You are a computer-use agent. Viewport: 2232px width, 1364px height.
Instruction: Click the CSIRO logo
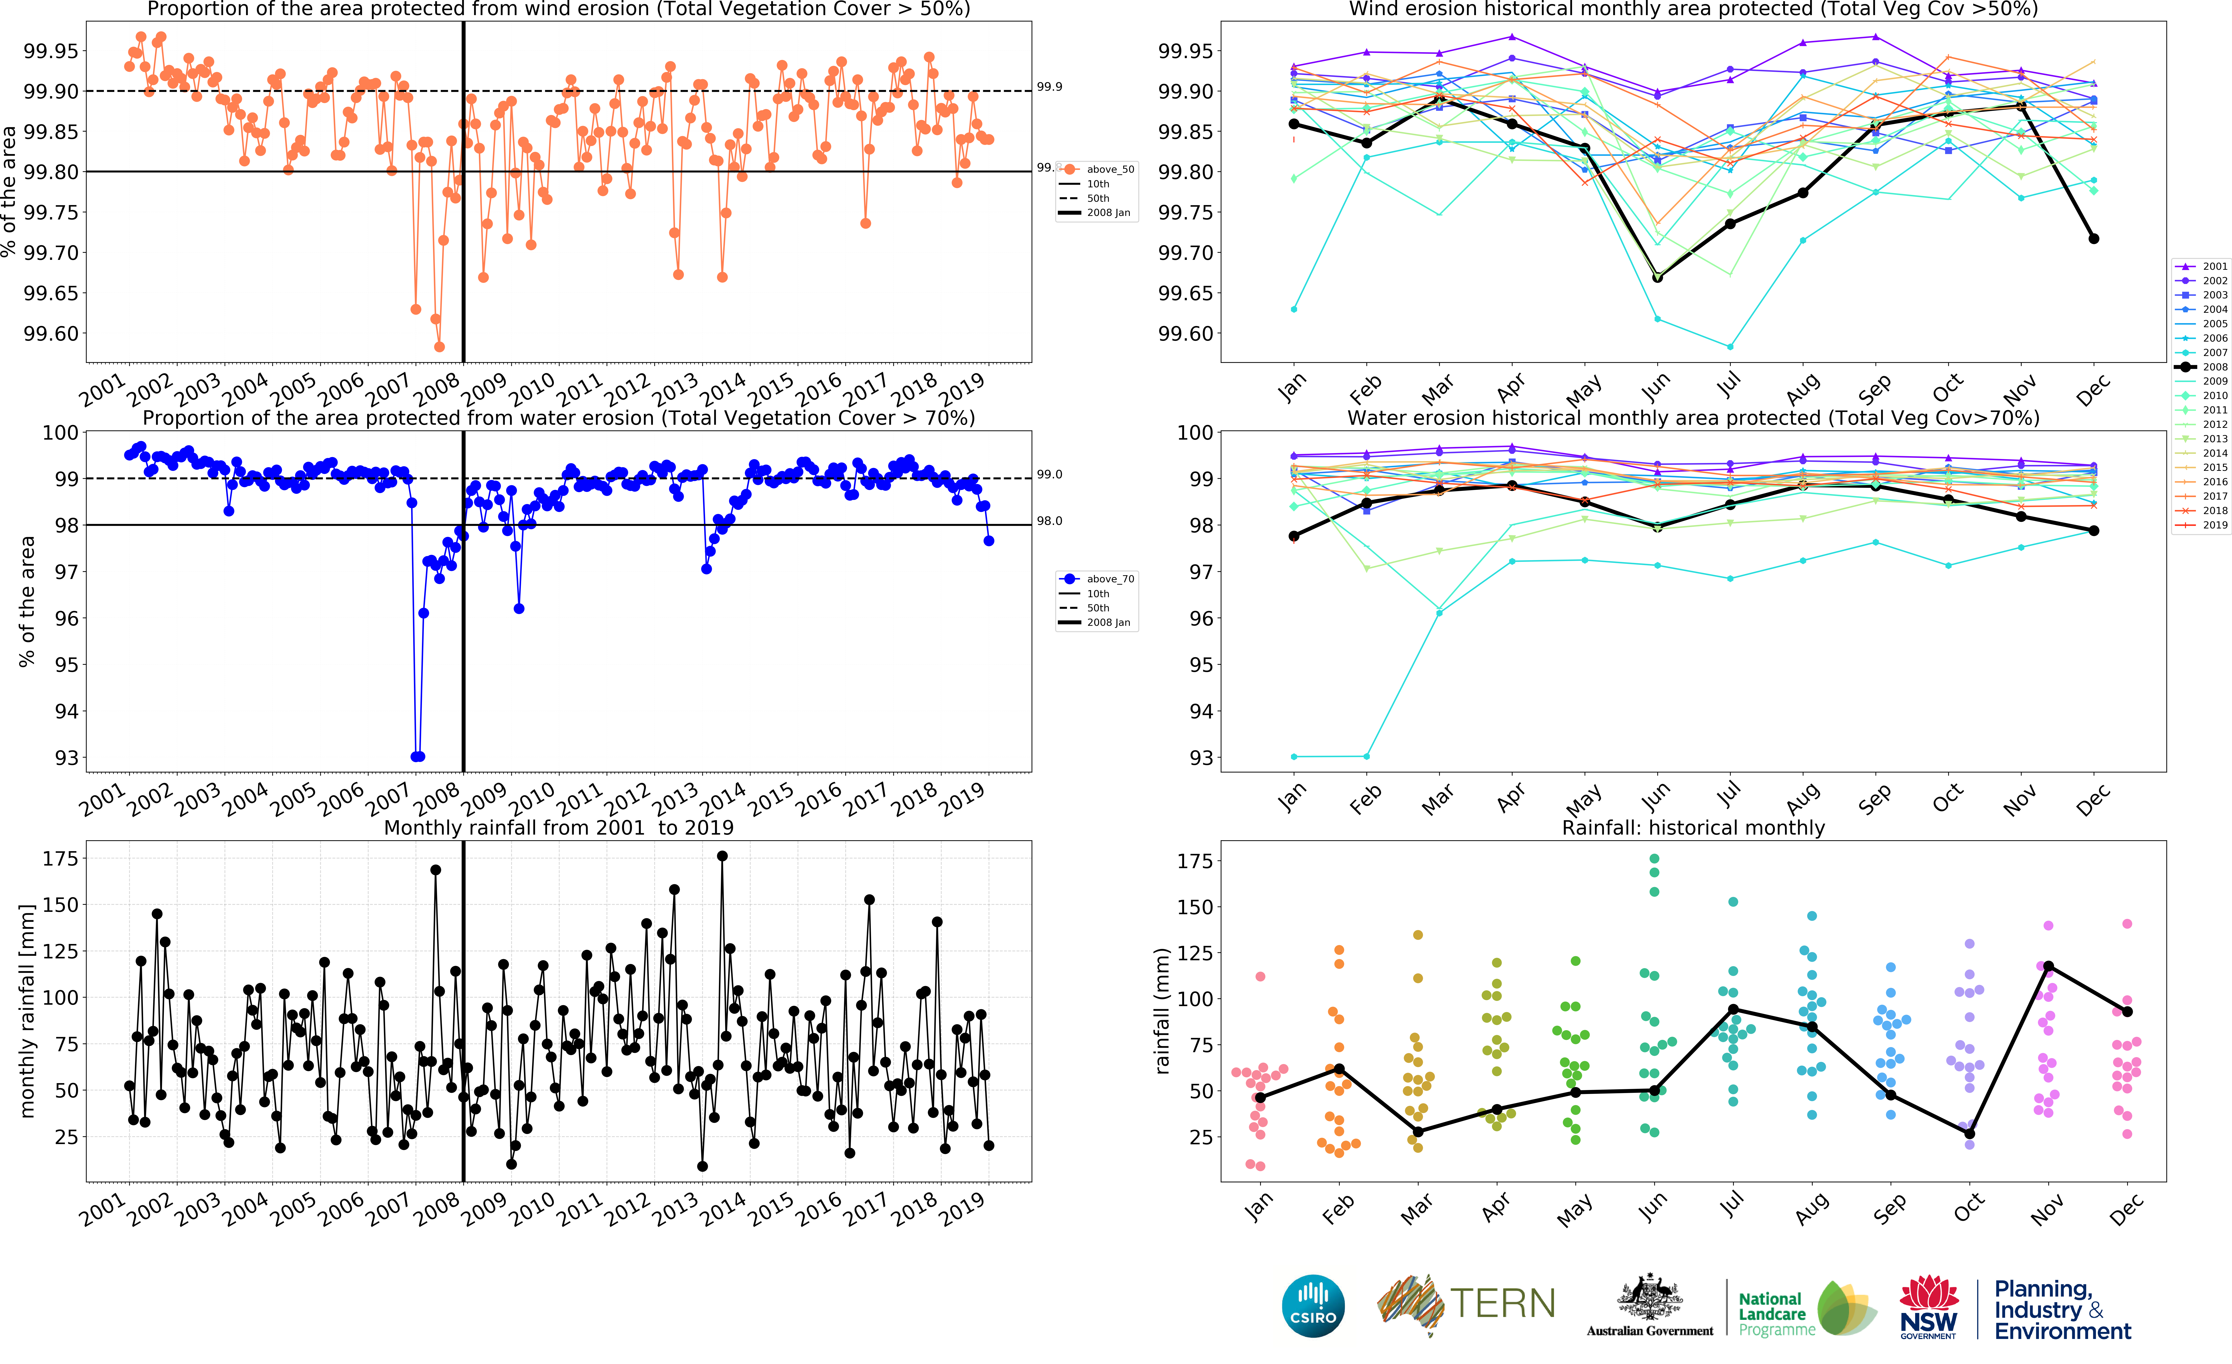tap(1313, 1306)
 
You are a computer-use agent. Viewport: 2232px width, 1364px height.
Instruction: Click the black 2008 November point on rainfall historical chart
tap(2048, 966)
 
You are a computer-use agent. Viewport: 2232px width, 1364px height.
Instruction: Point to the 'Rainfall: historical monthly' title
tap(1693, 828)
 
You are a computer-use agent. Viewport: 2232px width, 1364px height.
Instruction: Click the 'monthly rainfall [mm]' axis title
tap(27, 1011)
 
